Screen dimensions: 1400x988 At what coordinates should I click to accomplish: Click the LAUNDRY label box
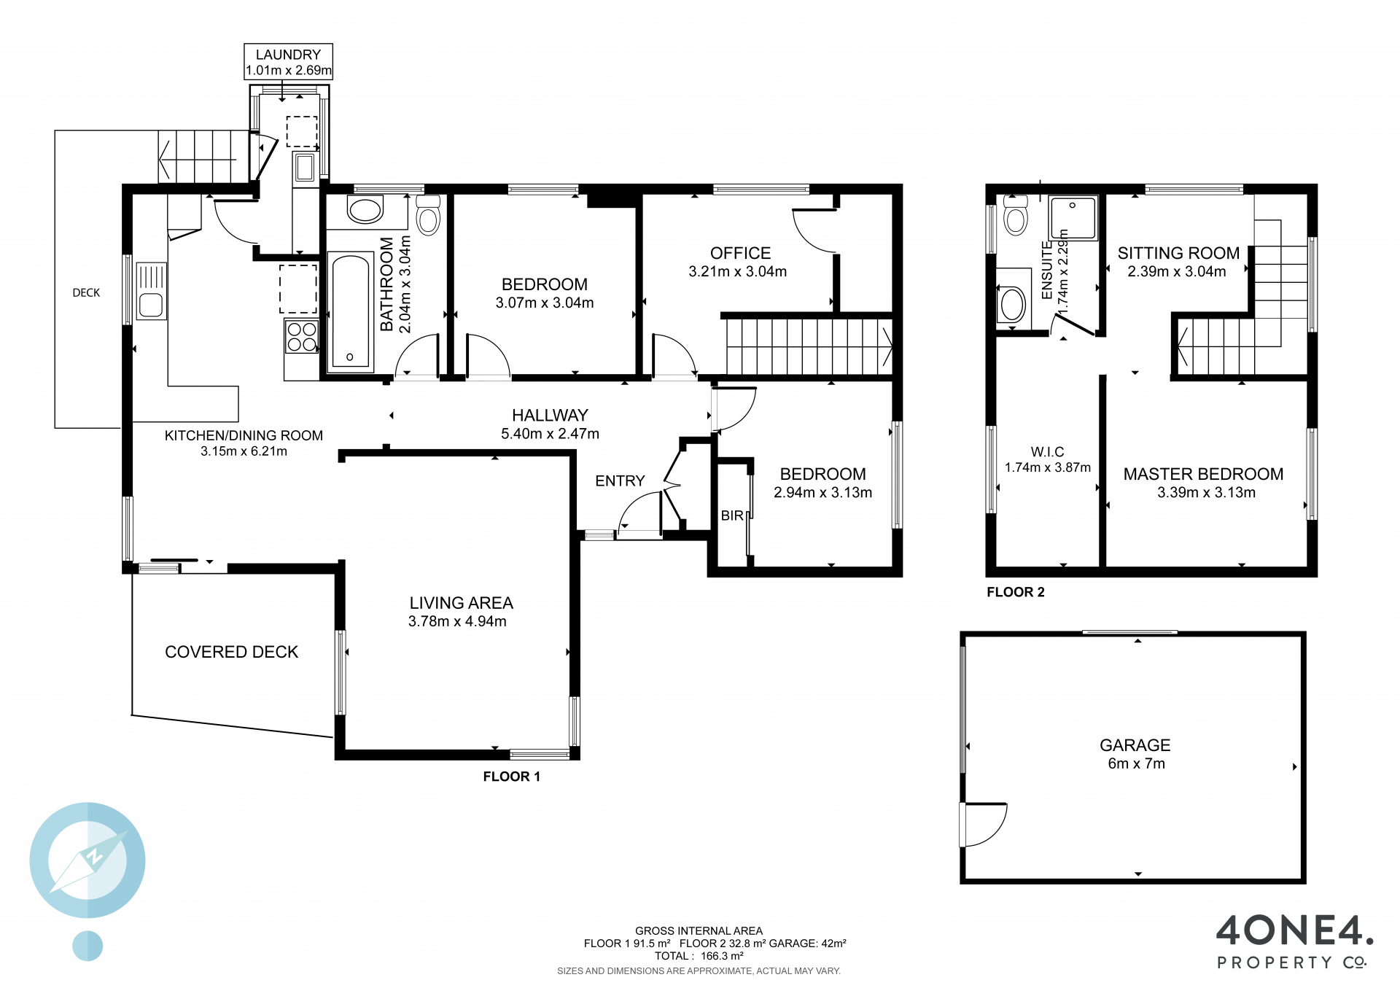point(288,62)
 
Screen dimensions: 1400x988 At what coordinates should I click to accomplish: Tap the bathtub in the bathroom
point(351,312)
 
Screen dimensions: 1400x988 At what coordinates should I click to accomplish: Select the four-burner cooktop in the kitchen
point(301,337)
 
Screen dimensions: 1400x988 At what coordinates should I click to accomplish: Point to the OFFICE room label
point(740,253)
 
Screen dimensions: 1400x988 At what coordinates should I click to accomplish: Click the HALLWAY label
point(550,416)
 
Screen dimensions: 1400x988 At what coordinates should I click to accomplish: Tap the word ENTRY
point(620,481)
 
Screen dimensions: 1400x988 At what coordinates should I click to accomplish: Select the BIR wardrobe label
point(732,516)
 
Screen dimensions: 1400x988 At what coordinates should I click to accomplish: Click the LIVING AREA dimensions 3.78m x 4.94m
point(457,621)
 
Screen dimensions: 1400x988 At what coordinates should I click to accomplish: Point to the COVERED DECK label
point(232,652)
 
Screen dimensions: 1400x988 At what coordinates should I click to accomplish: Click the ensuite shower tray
point(1073,217)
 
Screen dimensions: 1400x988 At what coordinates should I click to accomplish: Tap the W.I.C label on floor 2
point(1047,452)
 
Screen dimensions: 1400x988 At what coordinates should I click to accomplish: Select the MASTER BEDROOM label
point(1203,474)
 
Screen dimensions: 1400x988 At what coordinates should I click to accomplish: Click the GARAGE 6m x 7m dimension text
point(1136,763)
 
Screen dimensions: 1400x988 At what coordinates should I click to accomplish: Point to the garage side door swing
point(984,825)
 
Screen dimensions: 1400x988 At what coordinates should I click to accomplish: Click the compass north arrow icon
point(87,860)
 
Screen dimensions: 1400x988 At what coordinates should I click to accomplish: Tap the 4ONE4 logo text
point(1295,930)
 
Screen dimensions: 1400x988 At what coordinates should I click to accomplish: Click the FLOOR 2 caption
point(1015,592)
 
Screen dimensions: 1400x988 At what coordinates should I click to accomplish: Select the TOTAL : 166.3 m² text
point(699,956)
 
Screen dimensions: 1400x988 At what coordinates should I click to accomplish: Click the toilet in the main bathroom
point(429,214)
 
